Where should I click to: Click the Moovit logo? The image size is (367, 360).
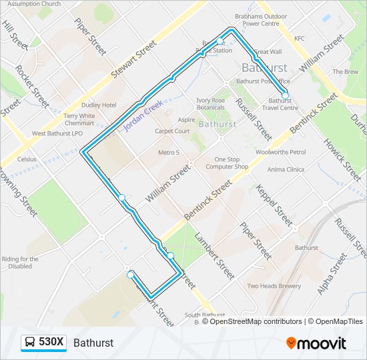click(x=316, y=343)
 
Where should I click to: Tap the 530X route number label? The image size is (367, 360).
click(x=51, y=342)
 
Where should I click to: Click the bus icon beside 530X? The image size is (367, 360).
click(x=30, y=342)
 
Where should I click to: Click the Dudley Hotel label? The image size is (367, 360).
click(x=99, y=105)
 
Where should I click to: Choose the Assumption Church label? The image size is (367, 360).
click(x=34, y=4)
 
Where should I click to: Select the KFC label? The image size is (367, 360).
click(x=299, y=39)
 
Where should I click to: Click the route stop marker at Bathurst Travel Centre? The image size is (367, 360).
click(x=285, y=95)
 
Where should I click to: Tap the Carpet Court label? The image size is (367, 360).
click(x=173, y=131)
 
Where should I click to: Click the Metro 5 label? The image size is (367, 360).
click(x=169, y=153)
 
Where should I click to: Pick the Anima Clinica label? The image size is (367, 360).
click(x=286, y=169)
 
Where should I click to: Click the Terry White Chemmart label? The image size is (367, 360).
click(x=79, y=119)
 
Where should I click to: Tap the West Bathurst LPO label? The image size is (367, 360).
click(x=57, y=133)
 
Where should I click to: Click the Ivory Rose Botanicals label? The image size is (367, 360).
click(x=210, y=104)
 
